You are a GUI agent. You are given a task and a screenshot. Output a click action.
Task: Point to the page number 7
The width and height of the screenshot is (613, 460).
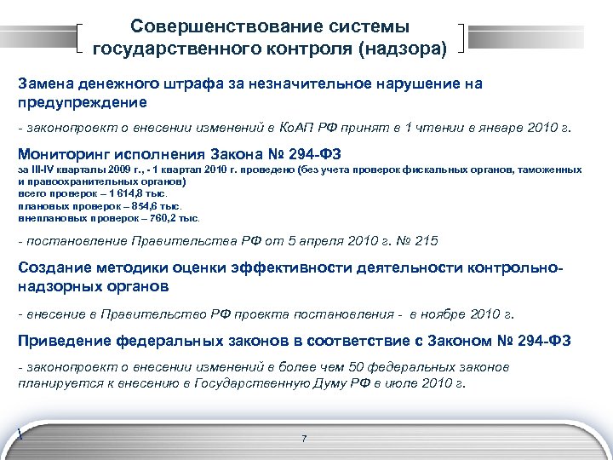coord(304,438)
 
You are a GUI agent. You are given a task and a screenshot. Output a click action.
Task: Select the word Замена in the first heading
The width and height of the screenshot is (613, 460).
coord(44,84)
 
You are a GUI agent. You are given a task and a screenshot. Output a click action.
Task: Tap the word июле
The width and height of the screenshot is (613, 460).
coord(414,383)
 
